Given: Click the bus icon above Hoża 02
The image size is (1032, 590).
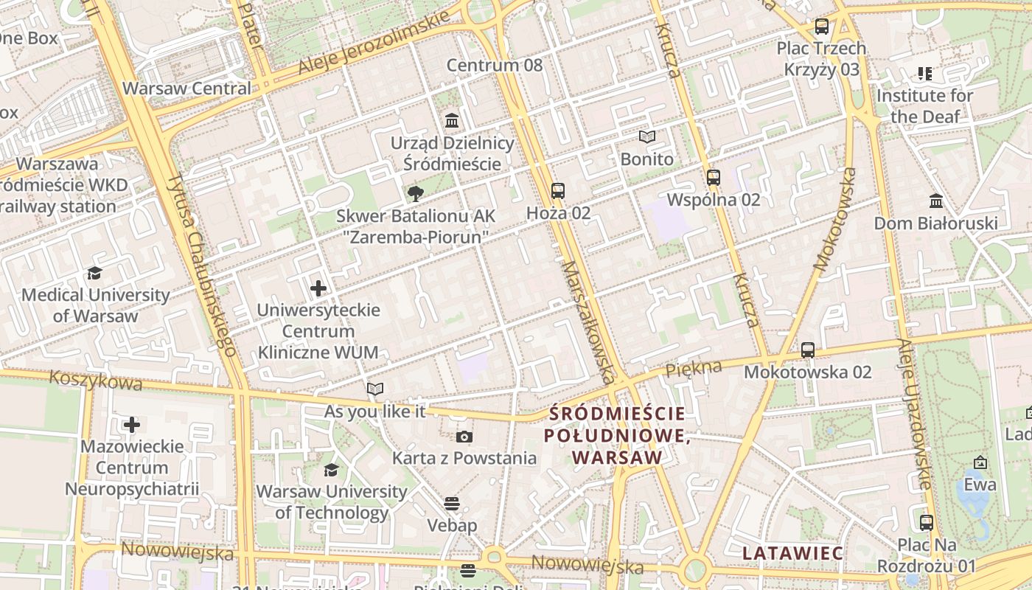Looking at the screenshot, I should pyautogui.click(x=558, y=191).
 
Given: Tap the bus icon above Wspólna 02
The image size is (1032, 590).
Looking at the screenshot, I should pyautogui.click(x=713, y=178).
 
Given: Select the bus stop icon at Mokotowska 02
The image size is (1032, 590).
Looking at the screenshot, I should pyautogui.click(x=808, y=350).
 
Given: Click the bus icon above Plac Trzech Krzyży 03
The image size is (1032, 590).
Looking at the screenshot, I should pyautogui.click(x=821, y=27).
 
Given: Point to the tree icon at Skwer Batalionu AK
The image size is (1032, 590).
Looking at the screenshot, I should pyautogui.click(x=416, y=194).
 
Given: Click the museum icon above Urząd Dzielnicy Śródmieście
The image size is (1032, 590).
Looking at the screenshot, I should pyautogui.click(x=451, y=120).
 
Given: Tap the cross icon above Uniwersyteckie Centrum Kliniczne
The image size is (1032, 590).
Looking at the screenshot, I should pyautogui.click(x=318, y=288).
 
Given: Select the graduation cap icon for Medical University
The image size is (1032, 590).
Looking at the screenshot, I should pyautogui.click(x=94, y=274).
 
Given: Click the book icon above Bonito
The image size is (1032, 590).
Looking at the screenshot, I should pyautogui.click(x=646, y=137).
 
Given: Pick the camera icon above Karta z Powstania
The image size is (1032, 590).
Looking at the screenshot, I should pyautogui.click(x=464, y=437).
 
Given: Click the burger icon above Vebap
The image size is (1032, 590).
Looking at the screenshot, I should pyautogui.click(x=452, y=504).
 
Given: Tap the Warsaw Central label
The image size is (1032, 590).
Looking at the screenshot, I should pyautogui.click(x=186, y=88).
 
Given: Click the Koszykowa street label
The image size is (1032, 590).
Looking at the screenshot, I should pyautogui.click(x=95, y=381).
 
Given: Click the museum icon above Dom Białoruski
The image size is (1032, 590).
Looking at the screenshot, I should pyautogui.click(x=936, y=201).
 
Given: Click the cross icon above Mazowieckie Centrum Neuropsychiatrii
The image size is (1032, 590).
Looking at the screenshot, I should pyautogui.click(x=132, y=425).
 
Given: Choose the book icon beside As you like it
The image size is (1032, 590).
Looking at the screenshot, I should pyautogui.click(x=375, y=389).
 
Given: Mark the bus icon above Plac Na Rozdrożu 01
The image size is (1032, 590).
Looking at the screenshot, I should pyautogui.click(x=927, y=523).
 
